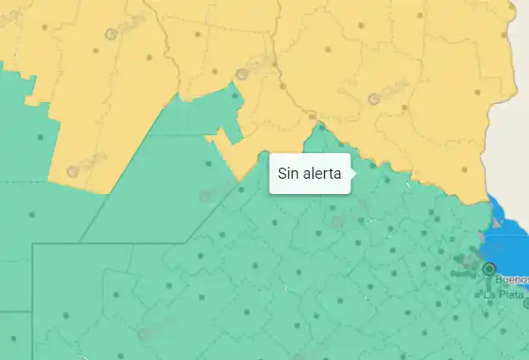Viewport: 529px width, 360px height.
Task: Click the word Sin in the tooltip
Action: [x=287, y=174]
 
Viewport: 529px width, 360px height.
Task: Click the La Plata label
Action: [x=501, y=294]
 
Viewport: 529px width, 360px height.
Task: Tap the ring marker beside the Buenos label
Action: [x=489, y=269]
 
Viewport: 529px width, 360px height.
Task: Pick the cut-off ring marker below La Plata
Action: [x=526, y=303]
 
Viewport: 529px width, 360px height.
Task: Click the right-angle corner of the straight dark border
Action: [x=33, y=244]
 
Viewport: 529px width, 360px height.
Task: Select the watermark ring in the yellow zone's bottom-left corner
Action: [x=73, y=171]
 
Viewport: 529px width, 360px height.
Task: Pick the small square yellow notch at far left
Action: [x=31, y=100]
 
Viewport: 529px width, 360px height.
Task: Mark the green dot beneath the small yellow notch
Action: [x=39, y=136]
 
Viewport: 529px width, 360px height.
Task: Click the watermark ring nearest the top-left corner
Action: [x=110, y=35]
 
